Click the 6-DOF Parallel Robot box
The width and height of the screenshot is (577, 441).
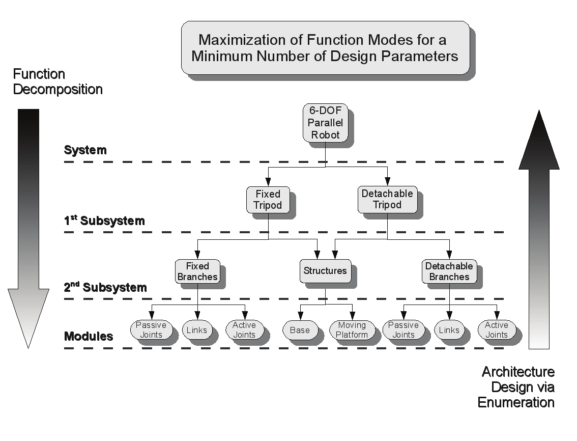click(325, 123)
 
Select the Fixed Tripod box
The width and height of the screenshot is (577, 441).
click(268, 200)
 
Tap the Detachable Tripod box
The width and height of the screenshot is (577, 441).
click(387, 199)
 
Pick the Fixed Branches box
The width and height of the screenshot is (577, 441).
click(197, 271)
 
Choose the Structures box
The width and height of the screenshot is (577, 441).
click(325, 271)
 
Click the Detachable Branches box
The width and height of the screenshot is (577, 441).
click(449, 271)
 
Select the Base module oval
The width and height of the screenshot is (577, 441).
click(300, 330)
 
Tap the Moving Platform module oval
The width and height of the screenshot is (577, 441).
click(352, 330)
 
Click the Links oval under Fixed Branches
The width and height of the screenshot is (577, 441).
click(196, 330)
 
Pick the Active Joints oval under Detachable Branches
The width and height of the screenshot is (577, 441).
click(496, 330)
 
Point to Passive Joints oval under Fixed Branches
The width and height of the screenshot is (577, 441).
click(151, 330)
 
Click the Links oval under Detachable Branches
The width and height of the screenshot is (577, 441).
click(449, 330)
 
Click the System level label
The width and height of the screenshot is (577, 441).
click(85, 150)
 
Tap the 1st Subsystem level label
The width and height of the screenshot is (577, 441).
click(104, 221)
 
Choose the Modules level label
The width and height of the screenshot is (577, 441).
click(89, 337)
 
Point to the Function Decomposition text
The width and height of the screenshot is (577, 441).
click(57, 82)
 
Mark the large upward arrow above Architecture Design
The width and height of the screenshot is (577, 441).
click(539, 229)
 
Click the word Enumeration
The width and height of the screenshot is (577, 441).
click(515, 402)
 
